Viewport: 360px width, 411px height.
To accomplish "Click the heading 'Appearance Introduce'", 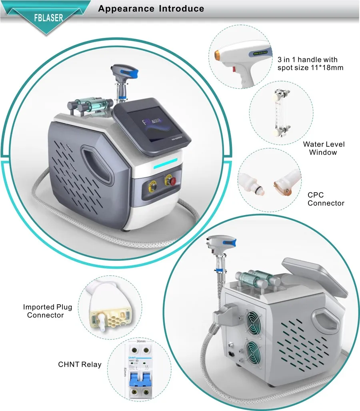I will coord(151,8).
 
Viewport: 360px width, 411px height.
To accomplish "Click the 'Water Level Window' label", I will coord(324,148).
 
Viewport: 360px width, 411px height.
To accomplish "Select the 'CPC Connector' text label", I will coord(326,199).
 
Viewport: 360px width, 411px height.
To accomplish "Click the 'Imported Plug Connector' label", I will coord(47,311).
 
